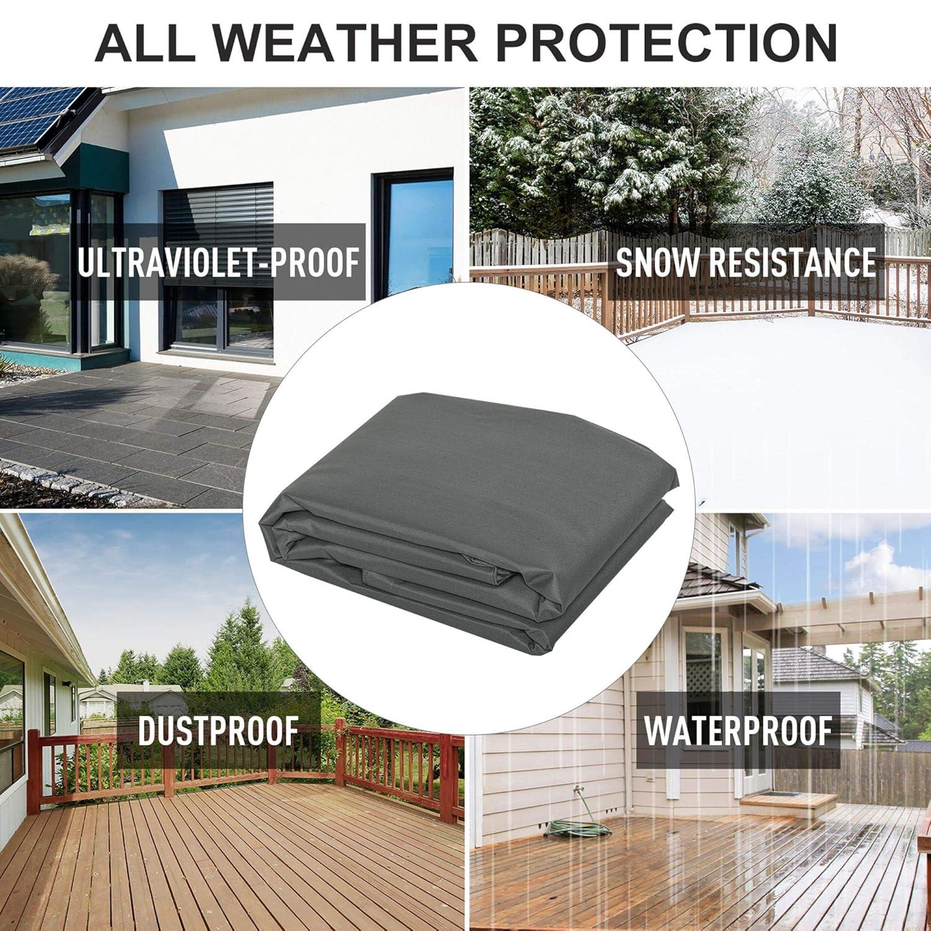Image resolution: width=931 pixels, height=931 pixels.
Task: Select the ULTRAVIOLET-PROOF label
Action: pyautogui.click(x=218, y=262)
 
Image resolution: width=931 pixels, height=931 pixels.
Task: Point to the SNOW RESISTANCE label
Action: pyautogui.click(x=745, y=262)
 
